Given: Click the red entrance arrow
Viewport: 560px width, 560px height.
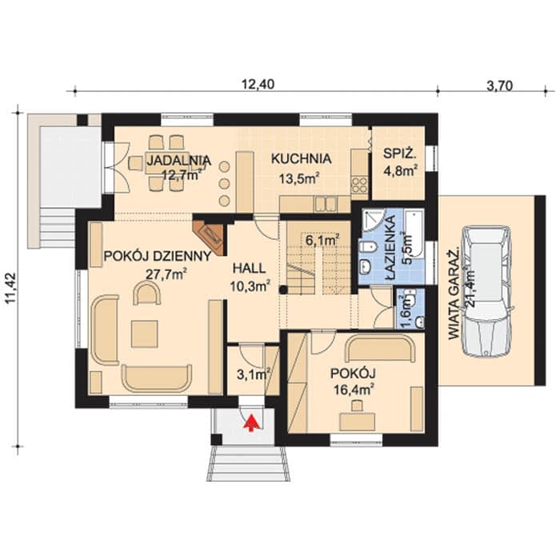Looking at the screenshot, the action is (252, 423).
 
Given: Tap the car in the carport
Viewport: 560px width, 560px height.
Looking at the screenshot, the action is (487, 290).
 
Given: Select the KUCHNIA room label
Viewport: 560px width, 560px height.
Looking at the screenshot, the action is (302, 158).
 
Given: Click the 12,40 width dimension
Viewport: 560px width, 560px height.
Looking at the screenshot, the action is (258, 84).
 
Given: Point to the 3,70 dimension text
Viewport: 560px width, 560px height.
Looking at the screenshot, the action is (499, 86).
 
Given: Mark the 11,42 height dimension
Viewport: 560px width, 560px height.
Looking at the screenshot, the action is (12, 288).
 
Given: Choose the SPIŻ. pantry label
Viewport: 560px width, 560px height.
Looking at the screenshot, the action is (400, 154).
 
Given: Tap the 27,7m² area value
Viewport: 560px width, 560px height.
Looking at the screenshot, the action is (167, 274).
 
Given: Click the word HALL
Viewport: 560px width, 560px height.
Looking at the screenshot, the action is (249, 268).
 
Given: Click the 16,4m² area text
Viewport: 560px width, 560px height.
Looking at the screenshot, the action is (354, 389).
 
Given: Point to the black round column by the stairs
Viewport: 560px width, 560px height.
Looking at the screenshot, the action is (283, 290).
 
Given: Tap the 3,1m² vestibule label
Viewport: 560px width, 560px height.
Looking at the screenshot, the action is (254, 374).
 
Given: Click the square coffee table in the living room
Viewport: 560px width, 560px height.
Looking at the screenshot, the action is (144, 334).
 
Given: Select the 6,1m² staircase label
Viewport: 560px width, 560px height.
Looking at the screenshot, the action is (322, 240).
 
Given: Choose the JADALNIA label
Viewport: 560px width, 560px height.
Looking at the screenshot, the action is (179, 160).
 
